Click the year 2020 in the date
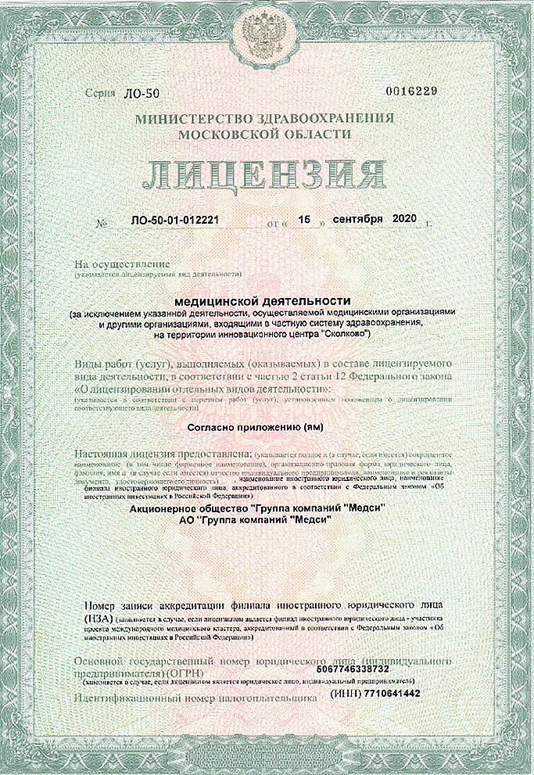pyautogui.click(x=407, y=219)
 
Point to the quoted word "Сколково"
pyautogui.click(x=345, y=335)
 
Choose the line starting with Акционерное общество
pyautogui.click(x=262, y=509)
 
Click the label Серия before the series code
pyautogui.click(x=102, y=93)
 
